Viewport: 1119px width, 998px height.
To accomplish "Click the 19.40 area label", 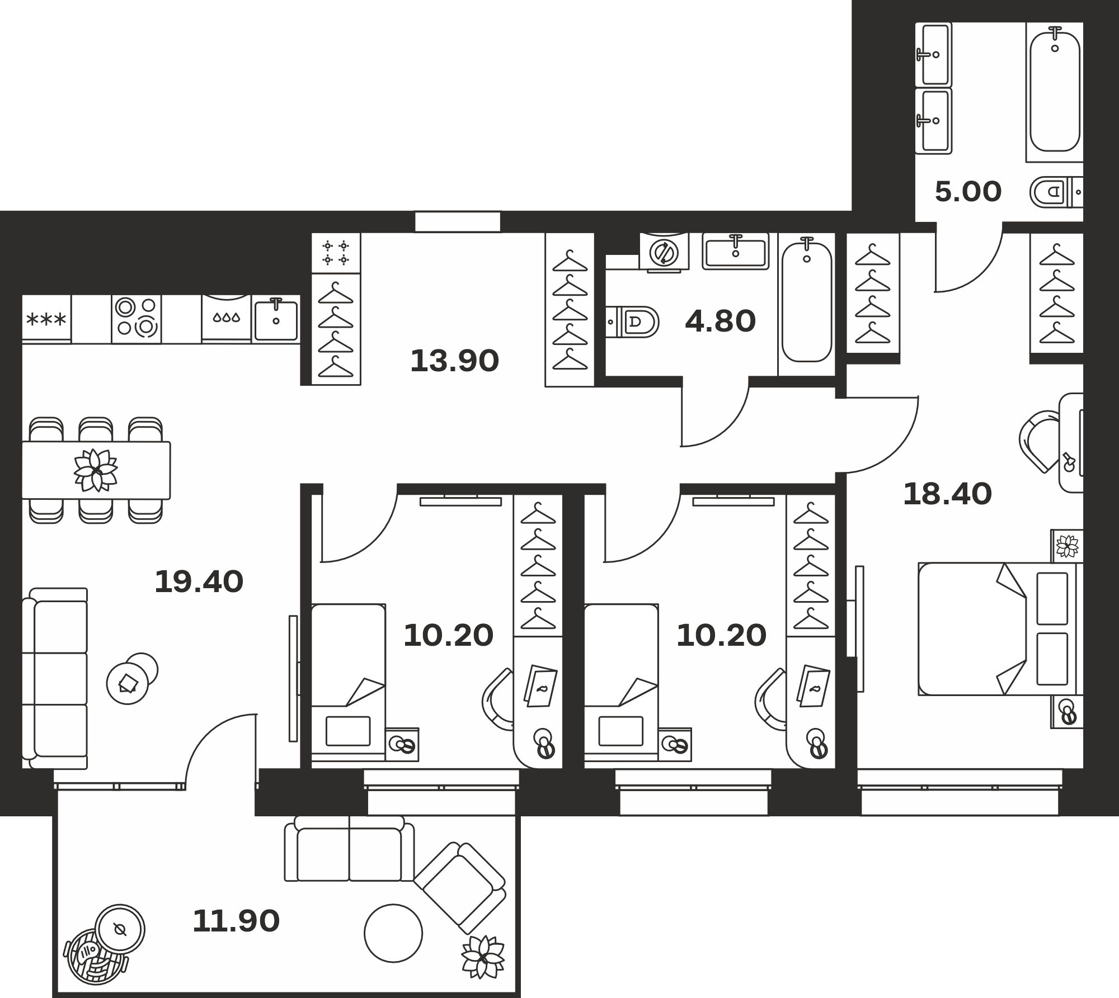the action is click(x=199, y=581).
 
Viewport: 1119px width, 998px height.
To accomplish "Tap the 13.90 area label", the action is click(x=454, y=361).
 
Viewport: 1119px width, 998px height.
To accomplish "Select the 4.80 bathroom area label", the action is click(x=720, y=321).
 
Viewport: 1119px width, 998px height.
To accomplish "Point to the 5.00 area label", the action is click(x=968, y=192).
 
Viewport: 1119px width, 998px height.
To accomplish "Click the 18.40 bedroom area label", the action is click(x=947, y=494).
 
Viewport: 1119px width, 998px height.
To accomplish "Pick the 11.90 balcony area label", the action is click(x=236, y=921).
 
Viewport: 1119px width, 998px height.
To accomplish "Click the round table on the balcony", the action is click(x=393, y=933).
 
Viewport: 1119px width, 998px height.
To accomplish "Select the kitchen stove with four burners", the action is click(x=137, y=319).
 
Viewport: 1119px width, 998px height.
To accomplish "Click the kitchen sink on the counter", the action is click(x=276, y=319).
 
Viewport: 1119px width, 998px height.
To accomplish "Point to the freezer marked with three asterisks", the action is click(x=46, y=319).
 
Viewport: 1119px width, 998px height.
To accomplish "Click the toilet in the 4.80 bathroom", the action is click(x=633, y=321).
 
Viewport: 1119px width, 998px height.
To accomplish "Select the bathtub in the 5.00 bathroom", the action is click(x=1055, y=92).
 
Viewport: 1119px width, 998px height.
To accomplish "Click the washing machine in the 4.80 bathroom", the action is click(x=664, y=252).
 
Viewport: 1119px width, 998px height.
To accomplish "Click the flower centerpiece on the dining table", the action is click(x=96, y=470).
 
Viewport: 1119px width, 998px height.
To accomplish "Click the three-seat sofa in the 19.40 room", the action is click(x=55, y=678).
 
